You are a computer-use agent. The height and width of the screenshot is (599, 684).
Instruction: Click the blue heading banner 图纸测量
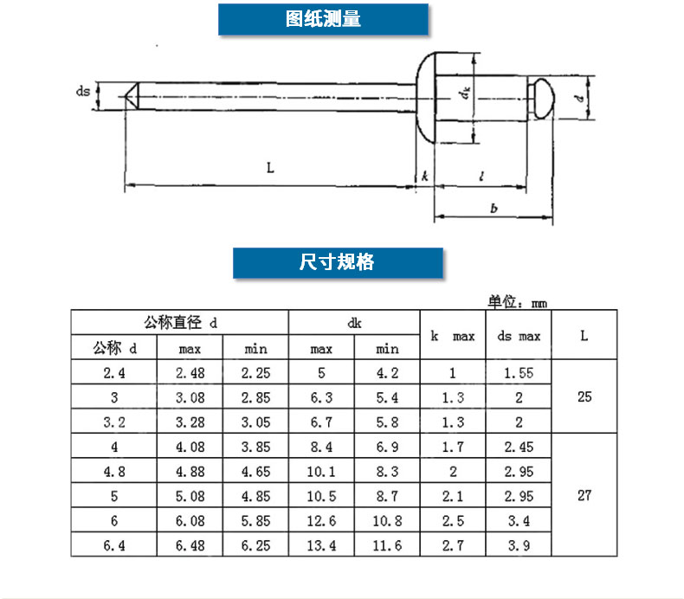[323, 19]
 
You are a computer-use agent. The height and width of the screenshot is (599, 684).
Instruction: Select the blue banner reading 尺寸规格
[338, 263]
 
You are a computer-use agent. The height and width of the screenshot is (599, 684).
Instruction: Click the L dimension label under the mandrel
[270, 169]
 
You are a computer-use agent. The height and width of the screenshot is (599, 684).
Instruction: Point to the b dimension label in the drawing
[493, 208]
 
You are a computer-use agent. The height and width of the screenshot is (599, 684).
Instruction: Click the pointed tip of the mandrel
[130, 94]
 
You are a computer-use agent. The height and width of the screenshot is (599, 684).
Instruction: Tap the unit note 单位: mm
[518, 303]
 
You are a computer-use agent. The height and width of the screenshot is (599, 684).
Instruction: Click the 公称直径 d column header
[179, 323]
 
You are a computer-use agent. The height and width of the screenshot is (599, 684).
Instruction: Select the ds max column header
[519, 335]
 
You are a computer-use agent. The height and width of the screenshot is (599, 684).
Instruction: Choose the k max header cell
[452, 335]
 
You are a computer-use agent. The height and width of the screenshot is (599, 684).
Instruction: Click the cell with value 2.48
[190, 373]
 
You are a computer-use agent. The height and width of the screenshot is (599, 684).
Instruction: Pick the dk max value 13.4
[321, 544]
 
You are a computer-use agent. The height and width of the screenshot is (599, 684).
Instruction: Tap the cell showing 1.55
[519, 373]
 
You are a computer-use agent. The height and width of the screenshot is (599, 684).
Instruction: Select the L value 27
[584, 496]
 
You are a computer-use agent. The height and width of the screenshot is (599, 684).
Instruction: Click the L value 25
[584, 397]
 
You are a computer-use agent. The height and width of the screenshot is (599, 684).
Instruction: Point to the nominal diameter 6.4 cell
[113, 544]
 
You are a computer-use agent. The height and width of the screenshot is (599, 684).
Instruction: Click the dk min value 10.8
[387, 520]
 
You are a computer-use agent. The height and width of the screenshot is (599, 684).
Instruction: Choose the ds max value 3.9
[519, 544]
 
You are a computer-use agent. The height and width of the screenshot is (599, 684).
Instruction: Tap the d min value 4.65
[255, 472]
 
